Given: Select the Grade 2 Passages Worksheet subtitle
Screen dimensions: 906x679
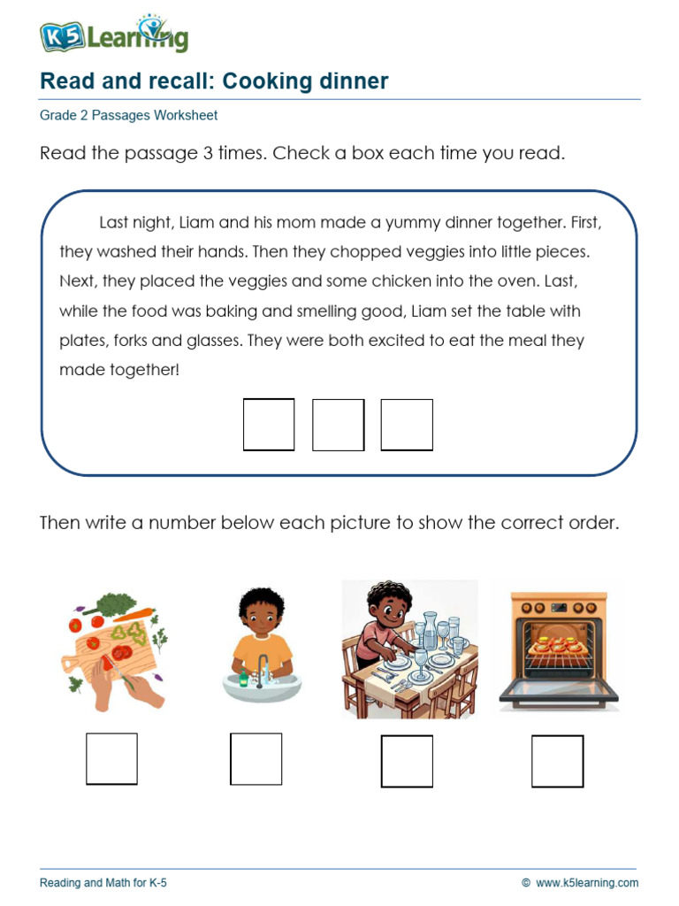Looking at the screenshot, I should pos(128,115).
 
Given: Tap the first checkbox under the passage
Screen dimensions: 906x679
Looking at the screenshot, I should pos(269,425).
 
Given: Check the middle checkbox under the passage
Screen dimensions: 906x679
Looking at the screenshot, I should pos(338,425).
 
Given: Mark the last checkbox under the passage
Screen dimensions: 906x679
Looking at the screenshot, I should pos(407,425).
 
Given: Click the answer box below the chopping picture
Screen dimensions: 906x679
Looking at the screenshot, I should pos(111,758).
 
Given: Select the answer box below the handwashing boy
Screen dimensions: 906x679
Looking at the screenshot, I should pos(256,758).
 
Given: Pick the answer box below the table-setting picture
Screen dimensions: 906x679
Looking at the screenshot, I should pos(407,761).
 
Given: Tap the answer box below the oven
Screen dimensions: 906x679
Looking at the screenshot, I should pos(557,761).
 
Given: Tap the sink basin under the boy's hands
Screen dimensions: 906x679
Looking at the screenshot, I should pos(256,686).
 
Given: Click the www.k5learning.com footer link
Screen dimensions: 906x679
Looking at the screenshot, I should pos(586,882).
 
